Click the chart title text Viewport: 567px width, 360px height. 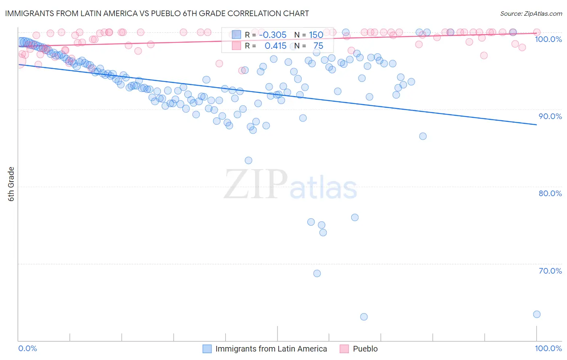pos(157,13)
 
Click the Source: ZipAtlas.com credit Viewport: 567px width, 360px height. pos(531,13)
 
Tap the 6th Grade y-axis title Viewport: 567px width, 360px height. pos(11,184)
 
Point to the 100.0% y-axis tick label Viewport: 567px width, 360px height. pos(548,39)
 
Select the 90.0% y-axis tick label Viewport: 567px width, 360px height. pos(550,116)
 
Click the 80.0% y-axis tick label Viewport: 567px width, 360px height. pos(550,193)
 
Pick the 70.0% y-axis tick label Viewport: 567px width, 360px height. pos(550,271)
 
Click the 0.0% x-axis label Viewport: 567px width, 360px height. pos(27,348)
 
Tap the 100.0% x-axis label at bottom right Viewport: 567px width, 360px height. pos(548,348)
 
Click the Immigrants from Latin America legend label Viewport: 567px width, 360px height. pos(271,349)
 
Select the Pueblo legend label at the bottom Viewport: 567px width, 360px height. pos(365,349)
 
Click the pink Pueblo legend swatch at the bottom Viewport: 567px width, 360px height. pos(344,349)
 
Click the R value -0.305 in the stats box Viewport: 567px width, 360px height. pos(273,35)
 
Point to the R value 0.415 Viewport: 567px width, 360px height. pos(275,46)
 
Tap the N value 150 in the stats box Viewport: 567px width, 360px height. pos(316,35)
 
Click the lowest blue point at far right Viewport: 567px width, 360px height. pos(536,314)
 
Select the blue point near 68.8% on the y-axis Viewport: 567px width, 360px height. pos(317,274)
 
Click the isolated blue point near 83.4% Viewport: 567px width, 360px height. pos(248,161)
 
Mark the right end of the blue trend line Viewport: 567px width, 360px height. pos(536,125)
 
